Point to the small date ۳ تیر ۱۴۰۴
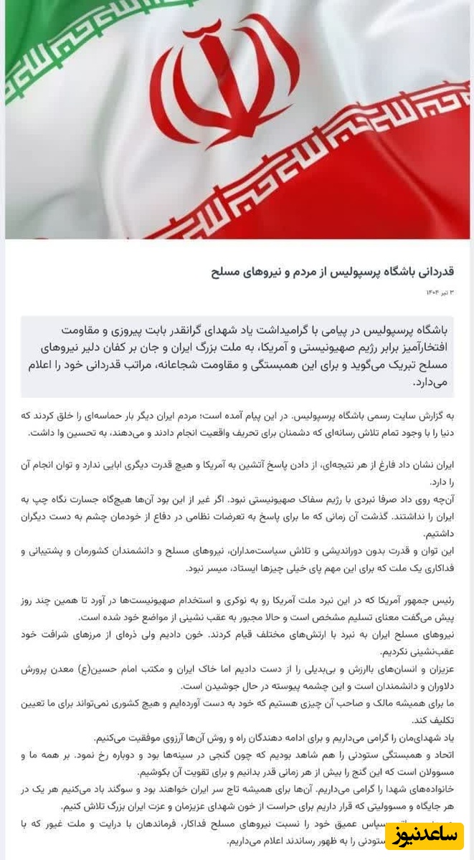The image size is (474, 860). click(442, 293)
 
